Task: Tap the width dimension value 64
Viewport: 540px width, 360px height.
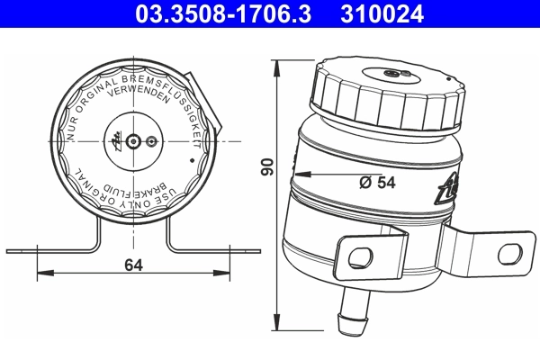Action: pos(133,265)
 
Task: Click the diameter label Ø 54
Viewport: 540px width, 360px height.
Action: pos(378,182)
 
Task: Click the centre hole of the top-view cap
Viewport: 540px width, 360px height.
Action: pos(134,141)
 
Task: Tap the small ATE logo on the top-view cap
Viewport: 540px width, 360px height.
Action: pos(116,140)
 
